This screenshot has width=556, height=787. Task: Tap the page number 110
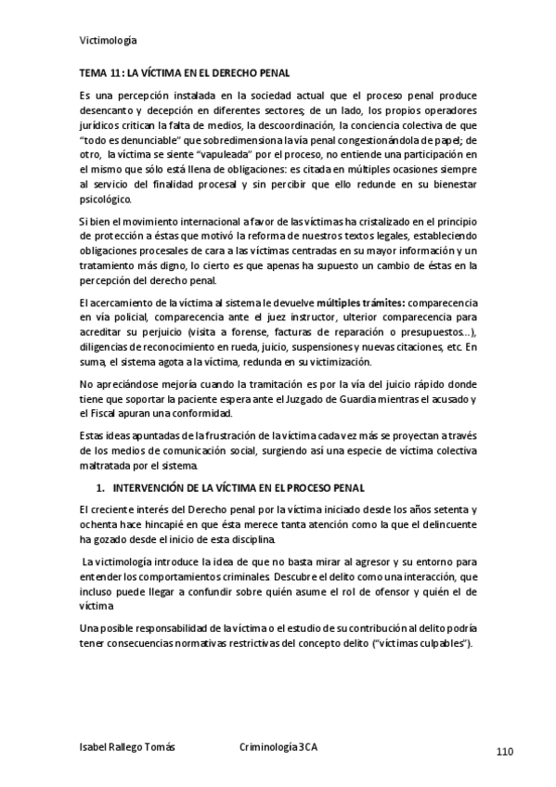[x=505, y=751]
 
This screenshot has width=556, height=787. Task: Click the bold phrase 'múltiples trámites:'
[x=362, y=303]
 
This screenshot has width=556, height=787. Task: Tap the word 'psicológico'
[x=107, y=198]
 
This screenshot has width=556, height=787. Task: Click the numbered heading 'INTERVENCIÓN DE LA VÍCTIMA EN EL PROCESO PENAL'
[x=239, y=487]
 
